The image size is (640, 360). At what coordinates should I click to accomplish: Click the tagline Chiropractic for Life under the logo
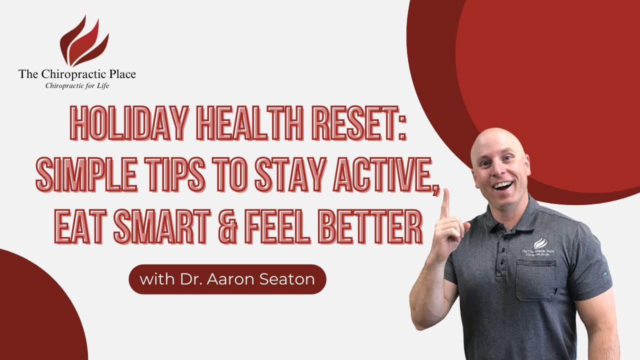tap(77, 86)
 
